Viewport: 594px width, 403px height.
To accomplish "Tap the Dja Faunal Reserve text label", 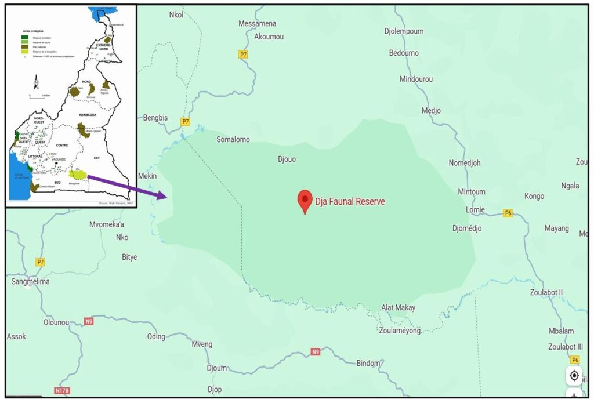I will pyautogui.click(x=350, y=202).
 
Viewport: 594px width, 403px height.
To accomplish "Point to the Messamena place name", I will pyautogui.click(x=258, y=24).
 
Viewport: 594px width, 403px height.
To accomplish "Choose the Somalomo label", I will pyautogui.click(x=233, y=140).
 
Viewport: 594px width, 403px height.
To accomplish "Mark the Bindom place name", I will pyautogui.click(x=368, y=363).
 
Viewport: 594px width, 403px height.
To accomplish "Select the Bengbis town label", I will pyautogui.click(x=155, y=118).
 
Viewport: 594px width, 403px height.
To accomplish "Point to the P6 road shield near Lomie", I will pyautogui.click(x=508, y=213).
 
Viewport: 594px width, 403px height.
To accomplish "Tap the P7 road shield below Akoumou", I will pyautogui.click(x=243, y=55).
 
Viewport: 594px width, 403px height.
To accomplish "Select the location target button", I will pyautogui.click(x=574, y=375).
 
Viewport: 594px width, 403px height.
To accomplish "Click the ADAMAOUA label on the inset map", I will pyautogui.click(x=87, y=115).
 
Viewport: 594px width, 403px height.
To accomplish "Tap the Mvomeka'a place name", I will pyautogui.click(x=107, y=224).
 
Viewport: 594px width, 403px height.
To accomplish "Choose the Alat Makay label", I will pyautogui.click(x=398, y=308).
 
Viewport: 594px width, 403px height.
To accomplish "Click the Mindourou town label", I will pyautogui.click(x=416, y=79).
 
